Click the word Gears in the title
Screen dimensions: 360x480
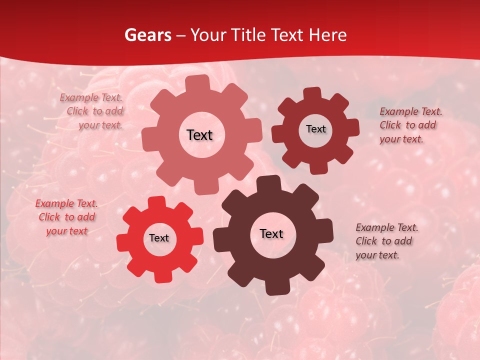click(x=148, y=35)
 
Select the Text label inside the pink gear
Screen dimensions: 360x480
click(x=200, y=135)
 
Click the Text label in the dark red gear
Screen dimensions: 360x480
click(x=315, y=129)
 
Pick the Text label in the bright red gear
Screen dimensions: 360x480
click(x=159, y=238)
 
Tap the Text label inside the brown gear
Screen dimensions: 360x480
click(x=271, y=233)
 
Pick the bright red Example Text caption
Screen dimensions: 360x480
click(x=66, y=217)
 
